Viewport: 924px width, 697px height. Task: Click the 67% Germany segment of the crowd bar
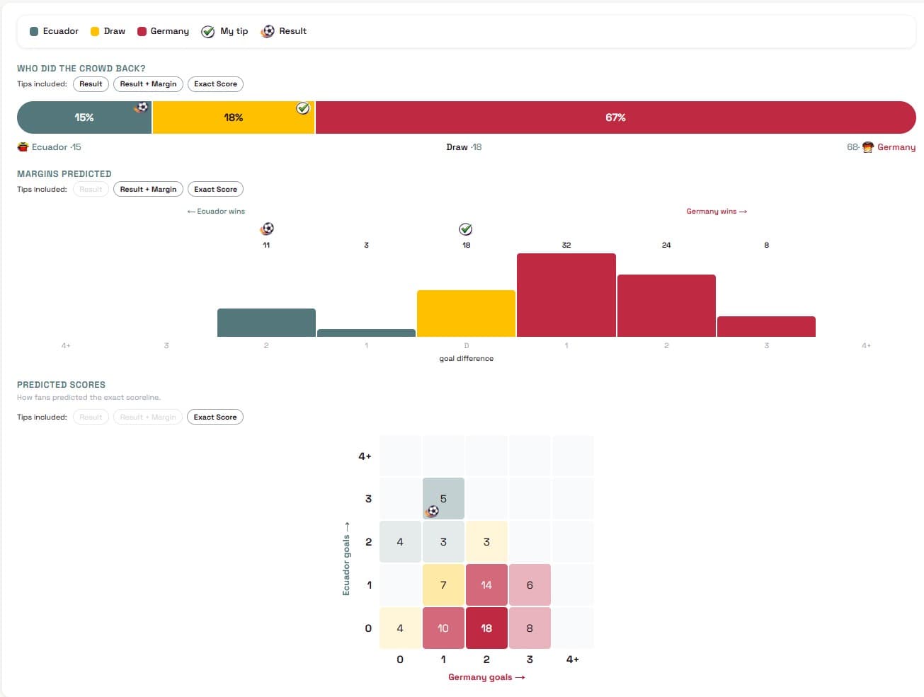coord(615,117)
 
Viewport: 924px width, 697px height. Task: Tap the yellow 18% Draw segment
coord(234,117)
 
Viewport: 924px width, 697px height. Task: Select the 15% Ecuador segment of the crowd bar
coord(84,117)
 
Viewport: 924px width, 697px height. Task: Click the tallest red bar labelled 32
coord(566,295)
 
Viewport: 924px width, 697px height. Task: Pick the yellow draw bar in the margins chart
coord(466,313)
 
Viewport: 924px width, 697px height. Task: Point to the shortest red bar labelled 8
coord(766,326)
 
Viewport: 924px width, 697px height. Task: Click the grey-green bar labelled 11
coord(266,323)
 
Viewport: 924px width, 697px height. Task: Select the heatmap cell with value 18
coord(486,628)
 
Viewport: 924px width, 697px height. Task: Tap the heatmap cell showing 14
coord(486,584)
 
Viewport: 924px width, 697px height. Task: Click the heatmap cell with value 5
coord(443,499)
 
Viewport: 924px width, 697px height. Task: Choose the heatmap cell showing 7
coord(443,584)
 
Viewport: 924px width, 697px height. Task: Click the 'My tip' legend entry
coord(225,31)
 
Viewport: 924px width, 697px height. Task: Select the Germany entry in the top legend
coord(163,31)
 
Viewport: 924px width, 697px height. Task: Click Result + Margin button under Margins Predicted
coord(148,189)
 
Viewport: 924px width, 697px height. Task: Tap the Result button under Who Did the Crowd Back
coord(91,83)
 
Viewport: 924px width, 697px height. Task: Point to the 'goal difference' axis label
coord(466,359)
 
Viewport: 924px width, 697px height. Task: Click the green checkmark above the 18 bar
coord(466,229)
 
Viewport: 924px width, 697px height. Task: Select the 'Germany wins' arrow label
coord(716,211)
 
